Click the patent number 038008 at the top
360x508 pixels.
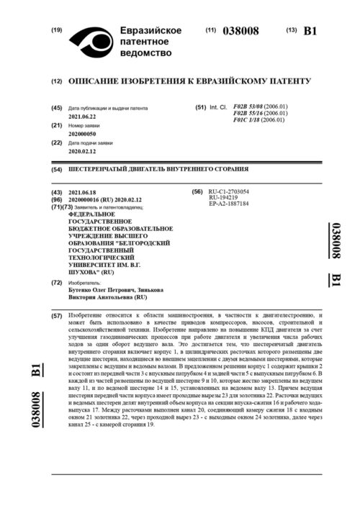pos(239,32)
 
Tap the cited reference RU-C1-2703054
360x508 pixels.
pos(228,192)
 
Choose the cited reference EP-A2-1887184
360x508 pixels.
pos(228,204)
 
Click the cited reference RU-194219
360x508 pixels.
pos(222,198)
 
